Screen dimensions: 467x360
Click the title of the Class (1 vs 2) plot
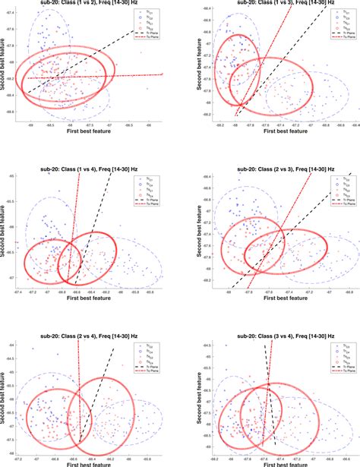(86, 4)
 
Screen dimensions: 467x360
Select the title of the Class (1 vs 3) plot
(272, 4)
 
